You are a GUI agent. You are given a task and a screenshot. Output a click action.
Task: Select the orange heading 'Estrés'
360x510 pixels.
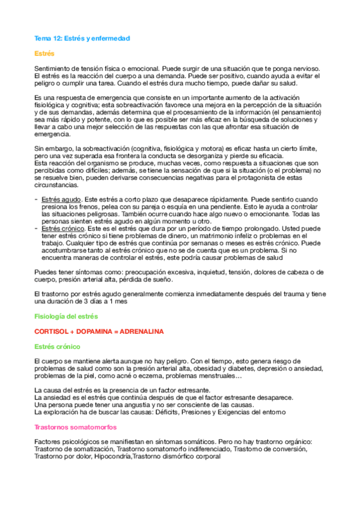(44, 54)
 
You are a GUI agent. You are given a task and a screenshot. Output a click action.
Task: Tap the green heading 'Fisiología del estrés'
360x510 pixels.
(66, 316)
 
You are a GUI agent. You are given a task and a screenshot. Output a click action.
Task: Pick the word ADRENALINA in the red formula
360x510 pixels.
(142, 331)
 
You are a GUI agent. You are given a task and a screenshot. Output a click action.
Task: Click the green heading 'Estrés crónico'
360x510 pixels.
(56, 346)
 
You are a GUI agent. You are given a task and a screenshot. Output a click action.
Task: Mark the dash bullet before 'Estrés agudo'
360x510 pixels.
(37, 198)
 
